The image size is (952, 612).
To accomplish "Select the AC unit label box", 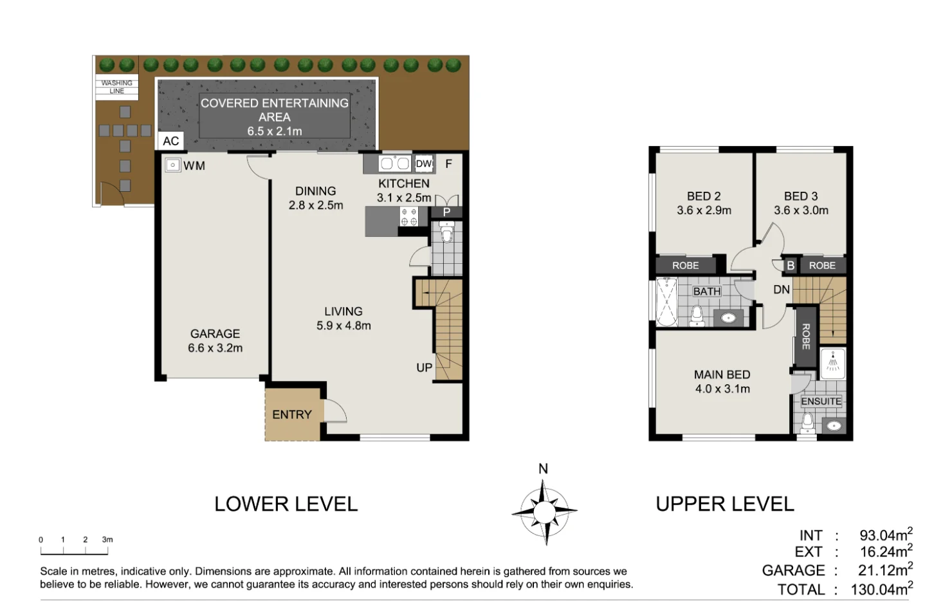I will point(171,141).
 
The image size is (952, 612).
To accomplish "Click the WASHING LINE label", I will point(117,87).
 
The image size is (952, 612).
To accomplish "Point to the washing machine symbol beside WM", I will point(172,165).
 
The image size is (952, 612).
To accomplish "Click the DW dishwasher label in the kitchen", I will point(423,163).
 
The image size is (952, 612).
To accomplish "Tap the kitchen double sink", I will point(395,163).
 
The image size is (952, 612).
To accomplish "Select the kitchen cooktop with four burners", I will point(408,217).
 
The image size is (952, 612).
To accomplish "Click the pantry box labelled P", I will point(446,212).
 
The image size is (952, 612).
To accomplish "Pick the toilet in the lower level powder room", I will point(446,232).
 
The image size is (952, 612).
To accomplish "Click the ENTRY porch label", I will point(292,415).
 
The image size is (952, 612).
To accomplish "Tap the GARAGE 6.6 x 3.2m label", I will point(215,341).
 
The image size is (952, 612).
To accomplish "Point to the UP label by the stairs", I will point(424,368).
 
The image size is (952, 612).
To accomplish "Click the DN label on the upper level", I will point(782,290).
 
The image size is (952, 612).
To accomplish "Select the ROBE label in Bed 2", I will point(686,265).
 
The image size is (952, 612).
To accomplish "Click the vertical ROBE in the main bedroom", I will point(806,336).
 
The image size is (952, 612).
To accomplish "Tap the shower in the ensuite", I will point(833,363).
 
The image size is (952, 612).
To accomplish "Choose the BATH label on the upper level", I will point(707,292).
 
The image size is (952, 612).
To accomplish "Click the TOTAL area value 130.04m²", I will point(881,589).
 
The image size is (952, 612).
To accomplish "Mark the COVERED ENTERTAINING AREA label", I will point(275,116).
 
